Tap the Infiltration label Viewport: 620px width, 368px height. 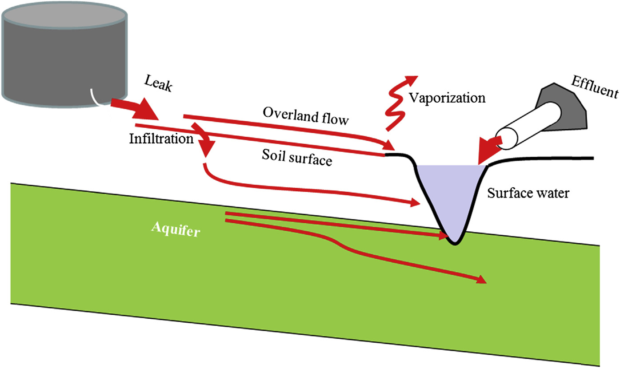(161, 139)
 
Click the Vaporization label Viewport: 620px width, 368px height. (447, 97)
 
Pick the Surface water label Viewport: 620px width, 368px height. (528, 193)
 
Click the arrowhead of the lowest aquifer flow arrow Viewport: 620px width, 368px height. (482, 280)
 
